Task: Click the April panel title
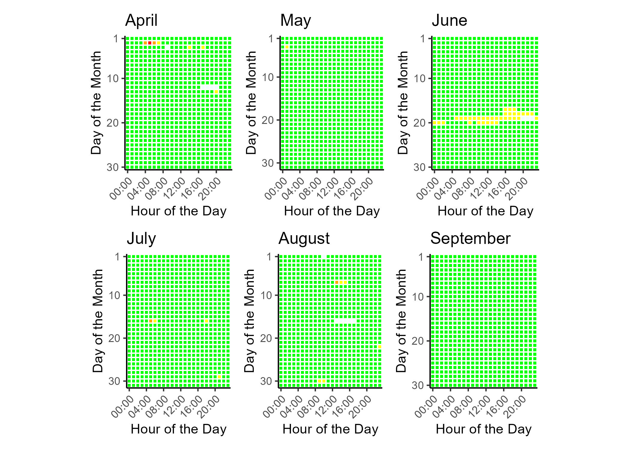[x=141, y=21]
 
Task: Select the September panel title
[x=470, y=239]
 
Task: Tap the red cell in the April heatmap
[x=150, y=43]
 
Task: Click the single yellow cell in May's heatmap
[x=287, y=47]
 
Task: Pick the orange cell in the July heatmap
[x=151, y=321]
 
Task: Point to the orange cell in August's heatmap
[x=337, y=282]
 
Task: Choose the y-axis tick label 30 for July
[x=114, y=381]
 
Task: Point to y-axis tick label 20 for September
[x=417, y=341]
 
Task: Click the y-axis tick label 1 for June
[x=423, y=39]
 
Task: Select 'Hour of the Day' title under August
[x=330, y=429]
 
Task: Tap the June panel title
[x=449, y=21]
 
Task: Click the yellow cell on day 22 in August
[x=380, y=347]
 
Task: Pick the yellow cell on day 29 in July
[x=219, y=377]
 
